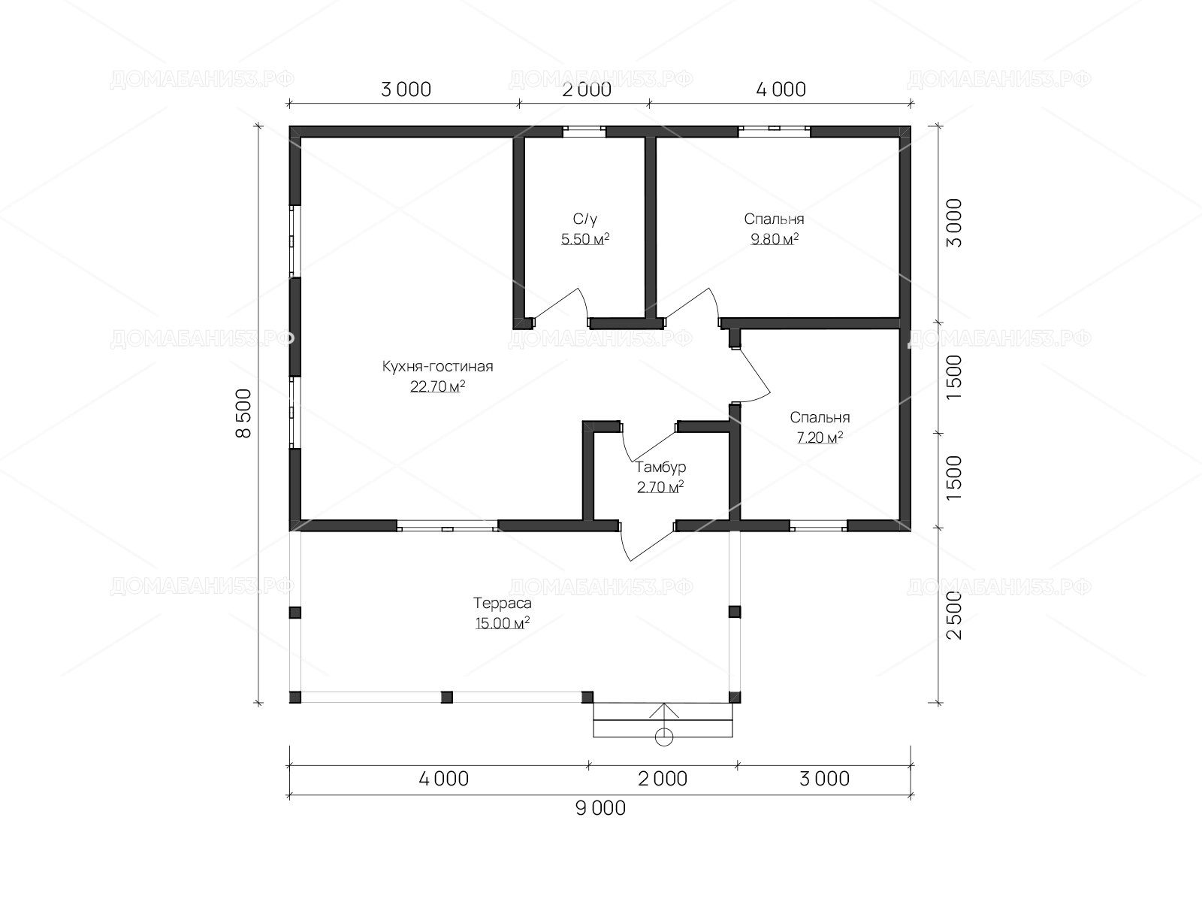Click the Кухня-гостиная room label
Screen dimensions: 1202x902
pyautogui.click(x=437, y=366)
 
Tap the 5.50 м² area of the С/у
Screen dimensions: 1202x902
pyautogui.click(x=584, y=239)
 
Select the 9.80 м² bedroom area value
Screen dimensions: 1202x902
pyautogui.click(x=775, y=239)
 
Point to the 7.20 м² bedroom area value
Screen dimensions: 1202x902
pyautogui.click(x=820, y=437)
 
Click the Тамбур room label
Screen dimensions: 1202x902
pyautogui.click(x=660, y=467)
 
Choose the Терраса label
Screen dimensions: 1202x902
pyautogui.click(x=502, y=603)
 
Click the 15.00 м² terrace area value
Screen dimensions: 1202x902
pyautogui.click(x=502, y=623)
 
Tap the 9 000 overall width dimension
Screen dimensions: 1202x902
pyautogui.click(x=600, y=808)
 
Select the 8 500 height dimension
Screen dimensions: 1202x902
pyautogui.click(x=243, y=413)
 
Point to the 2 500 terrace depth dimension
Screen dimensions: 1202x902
pyautogui.click(x=954, y=615)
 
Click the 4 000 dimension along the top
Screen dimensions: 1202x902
pyautogui.click(x=781, y=89)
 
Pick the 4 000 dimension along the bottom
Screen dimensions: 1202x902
pyautogui.click(x=443, y=779)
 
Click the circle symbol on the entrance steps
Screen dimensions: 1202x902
pyautogui.click(x=663, y=737)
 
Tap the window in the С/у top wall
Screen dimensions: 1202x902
pyautogui.click(x=584, y=132)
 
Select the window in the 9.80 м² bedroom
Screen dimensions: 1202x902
pyautogui.click(x=775, y=132)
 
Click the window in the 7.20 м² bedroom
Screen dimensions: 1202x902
pyautogui.click(x=819, y=525)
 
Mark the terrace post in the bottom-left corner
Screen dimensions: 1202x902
pyautogui.click(x=295, y=698)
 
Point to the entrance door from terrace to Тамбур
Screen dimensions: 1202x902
pyautogui.click(x=648, y=542)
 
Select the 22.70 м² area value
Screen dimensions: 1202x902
pyautogui.click(x=437, y=386)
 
